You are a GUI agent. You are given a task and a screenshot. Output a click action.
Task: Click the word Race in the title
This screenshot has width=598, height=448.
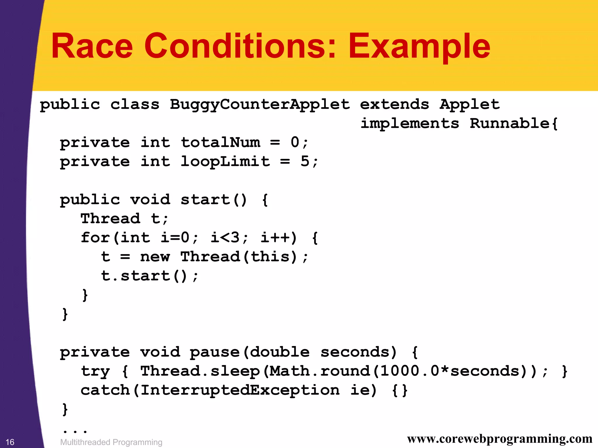pyautogui.click(x=92, y=46)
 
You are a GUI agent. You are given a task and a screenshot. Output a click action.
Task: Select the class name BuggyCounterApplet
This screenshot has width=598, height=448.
pyautogui.click(x=260, y=105)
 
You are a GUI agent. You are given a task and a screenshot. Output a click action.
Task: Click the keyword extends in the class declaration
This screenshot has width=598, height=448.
pyautogui.click(x=394, y=104)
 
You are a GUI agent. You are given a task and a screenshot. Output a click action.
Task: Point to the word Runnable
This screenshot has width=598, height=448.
pyautogui.click(x=510, y=123)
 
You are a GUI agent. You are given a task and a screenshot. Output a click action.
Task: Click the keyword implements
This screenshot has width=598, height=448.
pyautogui.click(x=409, y=123)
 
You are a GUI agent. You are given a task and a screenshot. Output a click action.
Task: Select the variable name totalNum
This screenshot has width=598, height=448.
pyautogui.click(x=220, y=143)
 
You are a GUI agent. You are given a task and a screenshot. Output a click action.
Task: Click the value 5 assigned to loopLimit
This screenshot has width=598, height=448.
pyautogui.click(x=305, y=162)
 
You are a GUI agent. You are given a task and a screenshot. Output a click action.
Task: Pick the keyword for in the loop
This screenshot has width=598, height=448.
pyautogui.click(x=95, y=237)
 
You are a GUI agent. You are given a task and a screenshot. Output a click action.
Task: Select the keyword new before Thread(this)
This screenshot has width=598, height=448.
pyautogui.click(x=155, y=257)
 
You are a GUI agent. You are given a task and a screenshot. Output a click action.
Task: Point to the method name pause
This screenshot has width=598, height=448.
pyautogui.click(x=215, y=352)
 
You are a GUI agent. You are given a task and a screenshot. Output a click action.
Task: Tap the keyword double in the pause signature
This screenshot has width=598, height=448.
pyautogui.click(x=280, y=352)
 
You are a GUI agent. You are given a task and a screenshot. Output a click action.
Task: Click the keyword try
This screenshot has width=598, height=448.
pyautogui.click(x=95, y=371)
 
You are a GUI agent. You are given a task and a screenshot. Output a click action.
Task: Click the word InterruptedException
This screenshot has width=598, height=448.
pyautogui.click(x=240, y=390)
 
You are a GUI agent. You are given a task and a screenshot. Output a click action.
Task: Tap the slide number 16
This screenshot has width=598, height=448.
pyautogui.click(x=10, y=442)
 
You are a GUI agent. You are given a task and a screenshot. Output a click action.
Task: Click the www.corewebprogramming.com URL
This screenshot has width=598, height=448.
pyautogui.click(x=500, y=439)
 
